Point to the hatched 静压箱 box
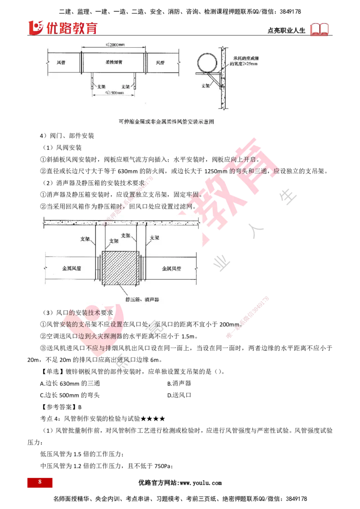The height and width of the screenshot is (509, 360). point(120,268)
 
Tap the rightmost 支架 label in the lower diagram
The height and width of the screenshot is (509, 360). point(154,238)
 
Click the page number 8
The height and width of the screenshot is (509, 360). point(40,482)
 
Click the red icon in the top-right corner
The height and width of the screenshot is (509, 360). point(320,30)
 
